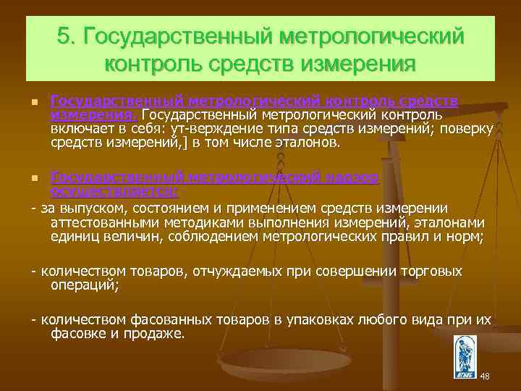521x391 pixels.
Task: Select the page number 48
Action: [485, 376]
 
